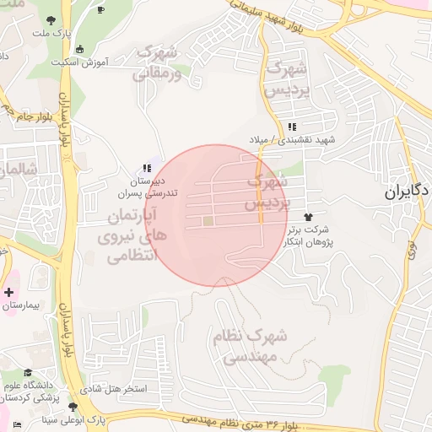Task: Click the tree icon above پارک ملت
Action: pos(52,19)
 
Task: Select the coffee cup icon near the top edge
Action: pos(101,10)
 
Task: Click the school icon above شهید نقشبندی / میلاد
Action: pos(292,127)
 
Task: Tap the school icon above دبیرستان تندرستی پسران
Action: pos(148,168)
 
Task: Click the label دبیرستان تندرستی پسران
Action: pos(153,186)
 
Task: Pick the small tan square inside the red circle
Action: pos(208,221)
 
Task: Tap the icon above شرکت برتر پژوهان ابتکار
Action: pos(318,217)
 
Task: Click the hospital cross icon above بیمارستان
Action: pos(9,293)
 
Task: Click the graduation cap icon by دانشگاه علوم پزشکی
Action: pos(27,372)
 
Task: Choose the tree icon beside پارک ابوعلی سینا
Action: pos(73,407)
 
